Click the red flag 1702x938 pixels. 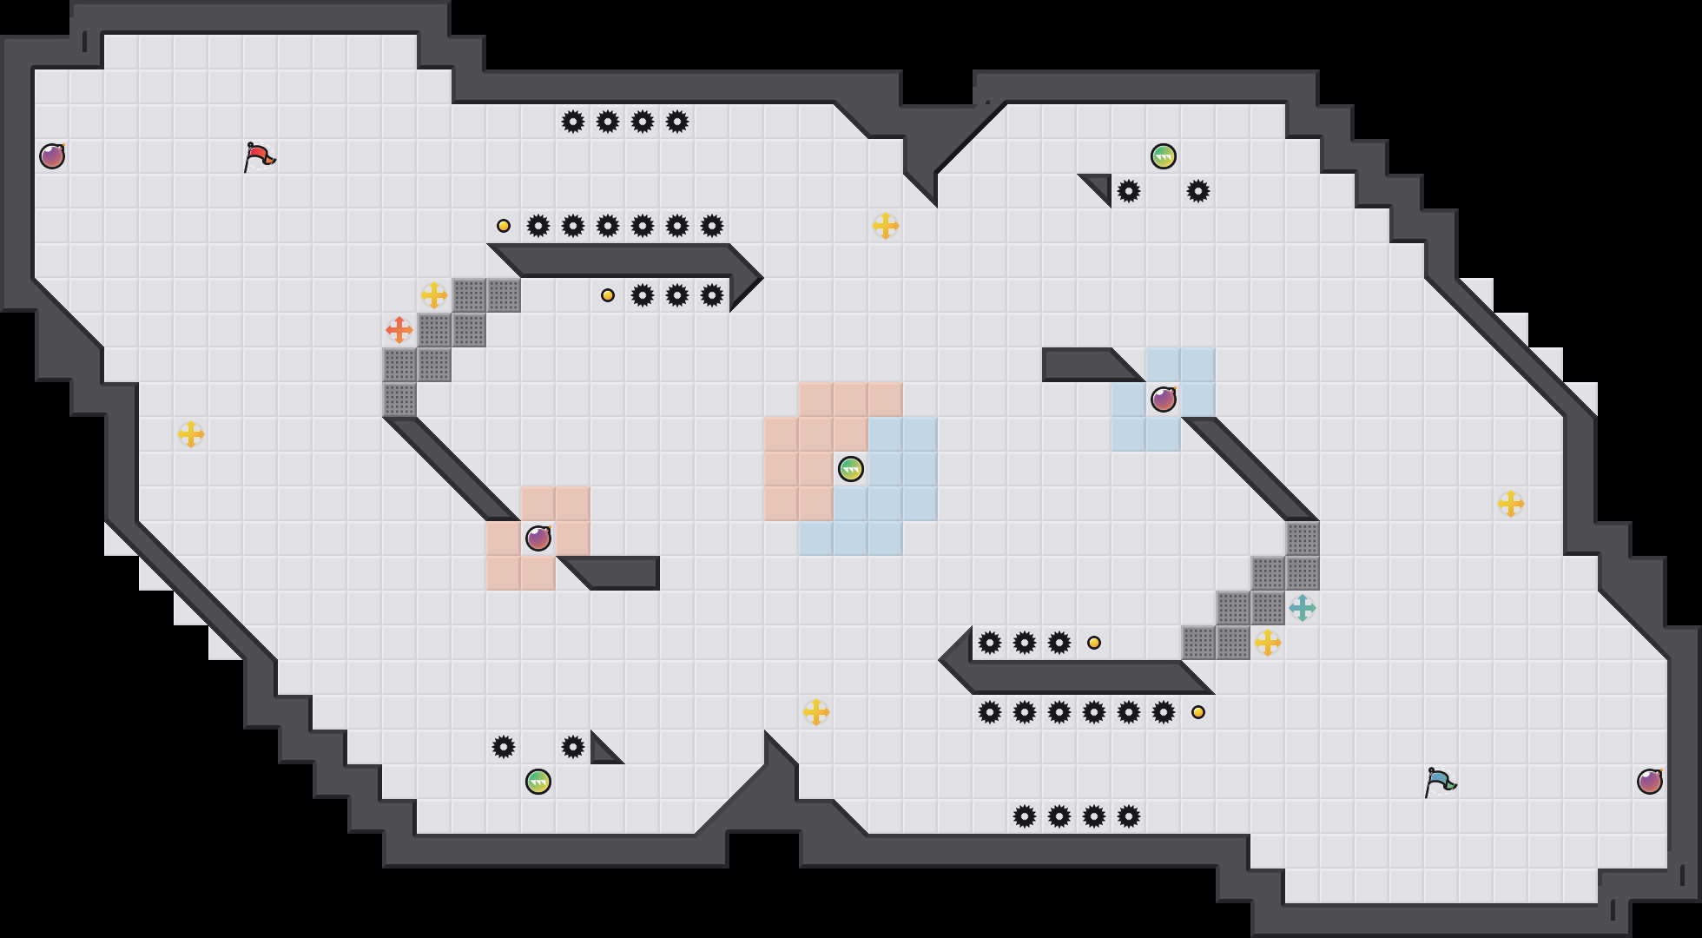[258, 156]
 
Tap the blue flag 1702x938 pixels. [1439, 782]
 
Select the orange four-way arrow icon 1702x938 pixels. [399, 330]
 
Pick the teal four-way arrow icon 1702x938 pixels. [1303, 608]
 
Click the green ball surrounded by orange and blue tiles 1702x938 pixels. [851, 469]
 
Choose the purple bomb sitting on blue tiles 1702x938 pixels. [1164, 400]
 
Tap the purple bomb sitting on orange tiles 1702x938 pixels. [538, 538]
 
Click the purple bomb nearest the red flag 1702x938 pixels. [52, 156]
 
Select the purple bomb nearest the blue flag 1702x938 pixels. [1650, 782]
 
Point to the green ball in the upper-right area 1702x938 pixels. [1164, 156]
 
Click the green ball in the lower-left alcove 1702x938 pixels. [538, 782]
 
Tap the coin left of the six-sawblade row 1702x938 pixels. [504, 226]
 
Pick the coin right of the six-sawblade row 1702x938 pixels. [1198, 712]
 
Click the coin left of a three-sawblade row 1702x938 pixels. [608, 295]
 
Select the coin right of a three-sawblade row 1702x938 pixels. [1094, 643]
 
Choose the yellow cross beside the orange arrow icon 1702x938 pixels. [434, 295]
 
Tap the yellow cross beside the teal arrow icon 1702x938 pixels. [1268, 643]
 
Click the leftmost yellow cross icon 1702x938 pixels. [191, 434]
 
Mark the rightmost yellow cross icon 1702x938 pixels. [1511, 504]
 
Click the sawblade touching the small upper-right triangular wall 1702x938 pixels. [1129, 191]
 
